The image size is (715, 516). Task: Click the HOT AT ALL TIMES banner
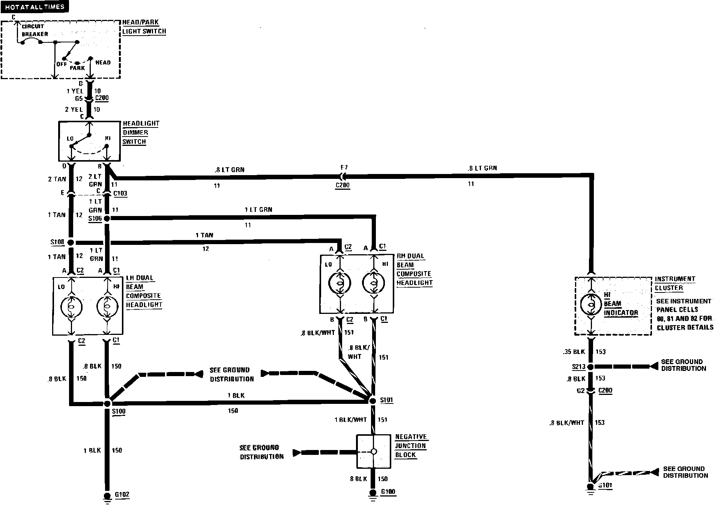click(35, 7)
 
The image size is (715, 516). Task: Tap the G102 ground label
click(122, 494)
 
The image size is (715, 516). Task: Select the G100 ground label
click(388, 492)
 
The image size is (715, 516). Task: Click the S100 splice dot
click(107, 403)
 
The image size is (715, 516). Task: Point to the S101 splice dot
click(373, 401)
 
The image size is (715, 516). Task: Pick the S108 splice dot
click(70, 243)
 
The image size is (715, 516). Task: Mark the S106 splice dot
click(107, 218)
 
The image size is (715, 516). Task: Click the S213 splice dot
click(590, 367)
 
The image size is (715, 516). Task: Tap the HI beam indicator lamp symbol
click(591, 304)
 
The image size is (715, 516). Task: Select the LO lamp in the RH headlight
click(340, 283)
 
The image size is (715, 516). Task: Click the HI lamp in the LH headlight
click(107, 307)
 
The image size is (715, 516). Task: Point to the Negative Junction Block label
click(411, 446)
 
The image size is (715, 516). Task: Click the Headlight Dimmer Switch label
click(141, 132)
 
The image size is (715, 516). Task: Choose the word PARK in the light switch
click(77, 68)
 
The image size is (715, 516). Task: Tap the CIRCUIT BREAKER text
click(34, 30)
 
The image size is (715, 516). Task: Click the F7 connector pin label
click(344, 168)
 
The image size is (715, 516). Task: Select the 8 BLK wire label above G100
click(358, 479)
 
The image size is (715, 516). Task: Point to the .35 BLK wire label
click(574, 352)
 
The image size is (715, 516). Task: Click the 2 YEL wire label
click(74, 109)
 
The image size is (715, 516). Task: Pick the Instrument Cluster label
click(675, 283)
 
